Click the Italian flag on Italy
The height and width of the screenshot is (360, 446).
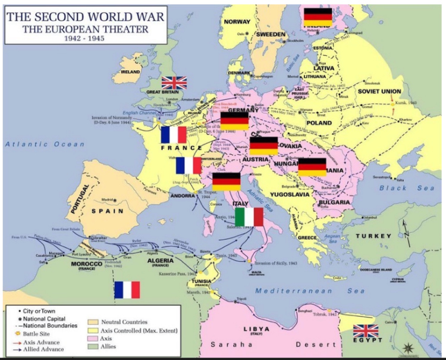(x=249, y=217)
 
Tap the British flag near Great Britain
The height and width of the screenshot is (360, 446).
(x=174, y=83)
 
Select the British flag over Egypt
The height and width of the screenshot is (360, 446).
(x=365, y=331)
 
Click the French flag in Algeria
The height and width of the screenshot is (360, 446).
(x=127, y=290)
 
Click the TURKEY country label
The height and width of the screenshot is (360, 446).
(x=373, y=236)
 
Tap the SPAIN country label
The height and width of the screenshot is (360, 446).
(x=107, y=211)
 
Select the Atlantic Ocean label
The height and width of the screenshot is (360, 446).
(x=45, y=144)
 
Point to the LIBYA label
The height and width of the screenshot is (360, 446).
(x=256, y=328)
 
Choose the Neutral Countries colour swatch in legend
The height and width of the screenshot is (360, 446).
(x=93, y=322)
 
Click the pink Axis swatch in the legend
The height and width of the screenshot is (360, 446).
(x=93, y=339)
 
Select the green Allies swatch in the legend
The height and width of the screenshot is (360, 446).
(x=93, y=346)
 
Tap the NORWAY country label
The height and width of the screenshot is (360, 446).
(x=237, y=21)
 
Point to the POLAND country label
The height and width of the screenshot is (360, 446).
(x=319, y=123)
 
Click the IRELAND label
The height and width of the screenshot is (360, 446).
(x=131, y=71)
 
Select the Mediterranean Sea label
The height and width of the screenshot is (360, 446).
(x=310, y=291)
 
